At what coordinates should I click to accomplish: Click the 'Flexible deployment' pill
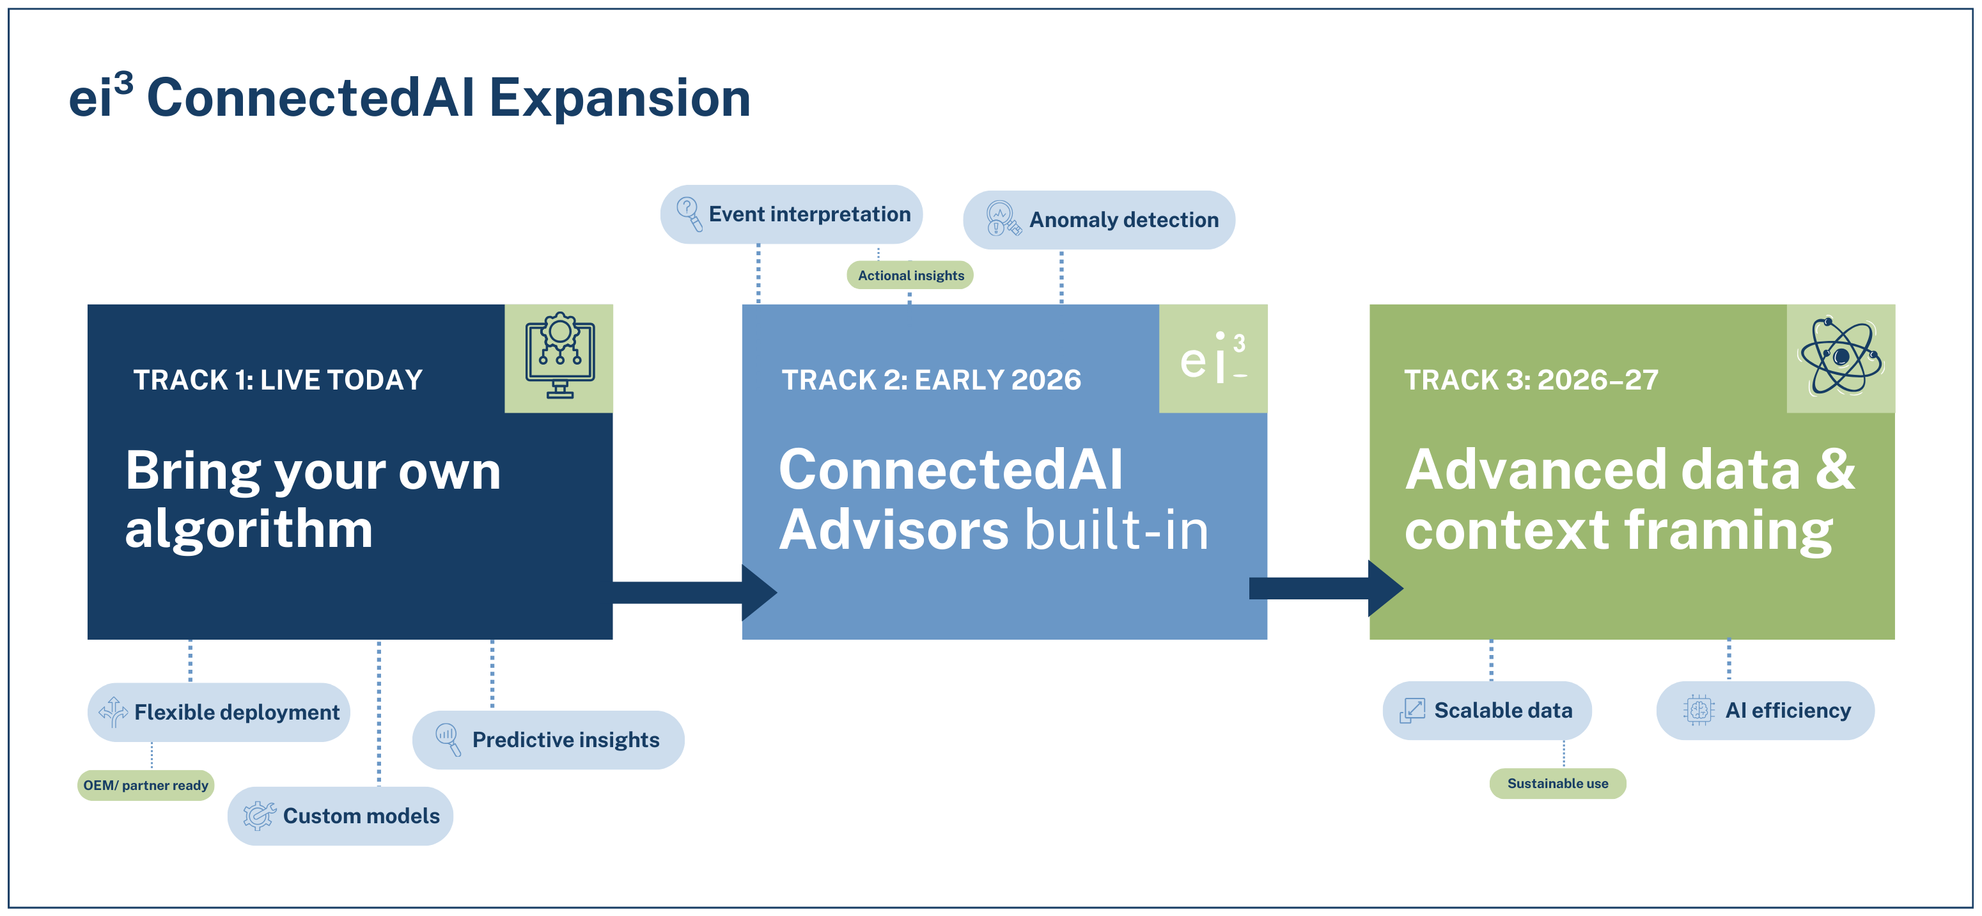(219, 712)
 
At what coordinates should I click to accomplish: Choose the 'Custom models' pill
(340, 816)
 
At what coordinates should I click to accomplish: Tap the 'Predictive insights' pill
(548, 739)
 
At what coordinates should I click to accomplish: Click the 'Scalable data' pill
(1486, 711)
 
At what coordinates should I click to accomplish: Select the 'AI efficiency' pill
(1765, 711)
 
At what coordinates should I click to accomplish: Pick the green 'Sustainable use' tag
(1557, 784)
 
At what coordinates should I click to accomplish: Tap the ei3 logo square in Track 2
(1213, 359)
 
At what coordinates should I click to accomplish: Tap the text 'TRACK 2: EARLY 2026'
(931, 380)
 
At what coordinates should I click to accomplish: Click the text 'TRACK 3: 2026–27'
(1531, 380)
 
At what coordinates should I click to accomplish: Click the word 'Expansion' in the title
(620, 99)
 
